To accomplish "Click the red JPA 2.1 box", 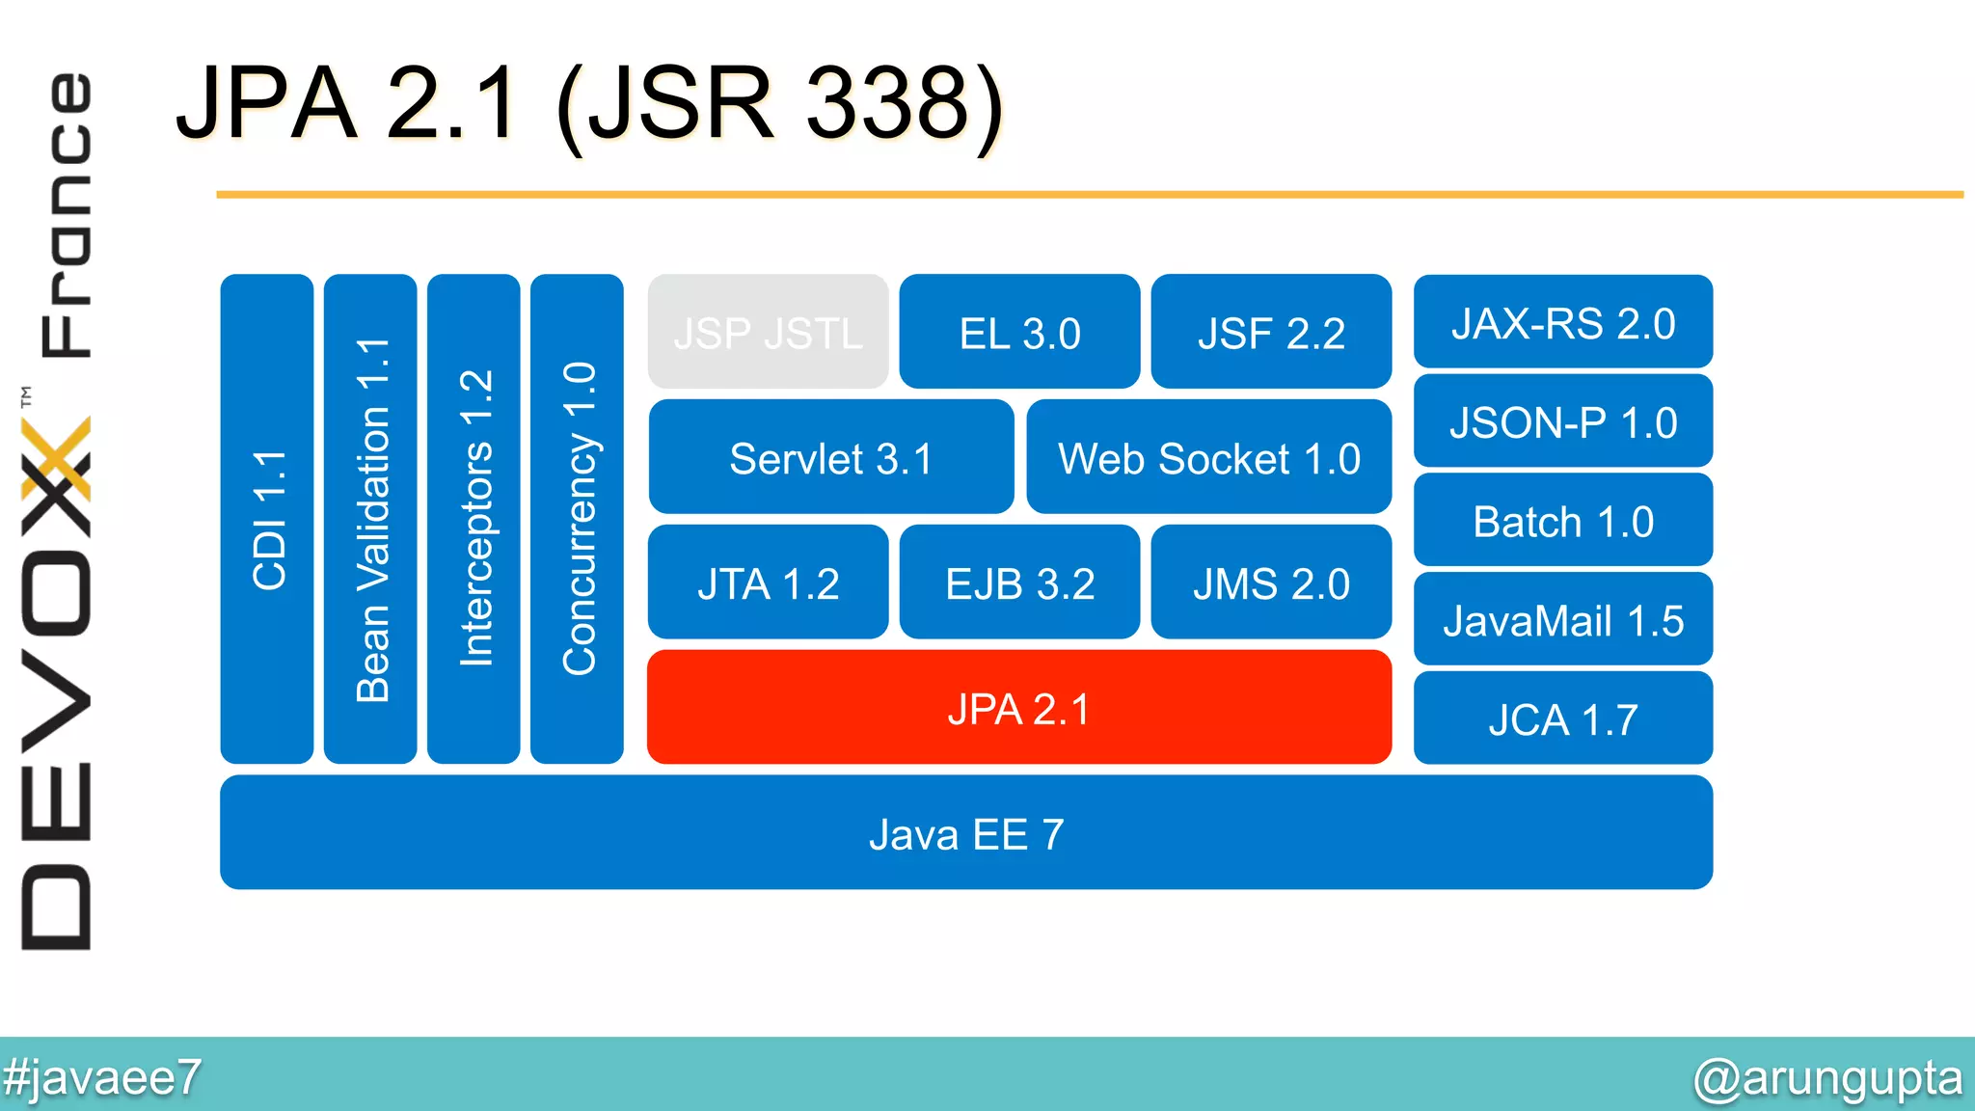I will point(1018,708).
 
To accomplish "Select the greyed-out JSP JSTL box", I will point(768,333).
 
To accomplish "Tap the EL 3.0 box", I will point(1019,333).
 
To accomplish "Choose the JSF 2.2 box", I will point(1270,333).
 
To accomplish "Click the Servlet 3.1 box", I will point(830,458).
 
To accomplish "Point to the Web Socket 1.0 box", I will point(1208,458).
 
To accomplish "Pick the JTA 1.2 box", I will point(768,583).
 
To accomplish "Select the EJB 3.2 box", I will point(1019,583).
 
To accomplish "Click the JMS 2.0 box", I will point(1270,583).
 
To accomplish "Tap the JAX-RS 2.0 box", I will point(1562,322).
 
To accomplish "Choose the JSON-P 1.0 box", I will point(1562,421).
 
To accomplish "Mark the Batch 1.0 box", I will point(1562,521).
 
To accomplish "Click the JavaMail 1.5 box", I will point(1562,620).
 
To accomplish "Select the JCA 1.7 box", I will point(1562,719).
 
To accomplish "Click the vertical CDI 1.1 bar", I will point(267,519).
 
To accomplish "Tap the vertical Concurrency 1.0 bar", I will point(577,519).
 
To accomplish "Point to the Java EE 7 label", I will point(966,833).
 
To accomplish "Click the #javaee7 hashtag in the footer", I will point(102,1076).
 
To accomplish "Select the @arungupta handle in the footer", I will point(1827,1077).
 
